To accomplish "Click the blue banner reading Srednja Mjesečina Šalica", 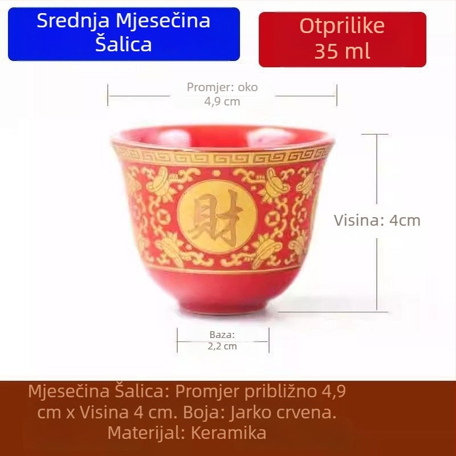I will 124,33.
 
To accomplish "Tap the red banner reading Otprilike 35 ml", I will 342,39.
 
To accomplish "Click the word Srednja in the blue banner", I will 74,21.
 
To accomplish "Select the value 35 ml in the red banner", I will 342,51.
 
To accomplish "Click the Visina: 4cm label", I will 377,221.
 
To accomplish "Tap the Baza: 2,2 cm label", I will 222,340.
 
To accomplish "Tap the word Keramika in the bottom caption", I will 229,433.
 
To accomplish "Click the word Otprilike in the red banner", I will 342,26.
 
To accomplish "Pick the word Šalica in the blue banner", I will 124,44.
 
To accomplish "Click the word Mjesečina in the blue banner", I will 162,21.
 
